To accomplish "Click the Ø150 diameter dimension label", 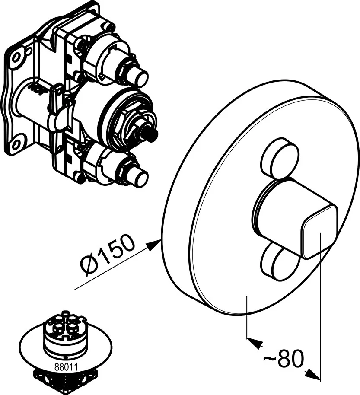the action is point(107,255).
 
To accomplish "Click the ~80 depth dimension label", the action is point(283,358).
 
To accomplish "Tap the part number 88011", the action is point(66,367).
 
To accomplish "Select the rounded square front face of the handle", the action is point(319,231).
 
